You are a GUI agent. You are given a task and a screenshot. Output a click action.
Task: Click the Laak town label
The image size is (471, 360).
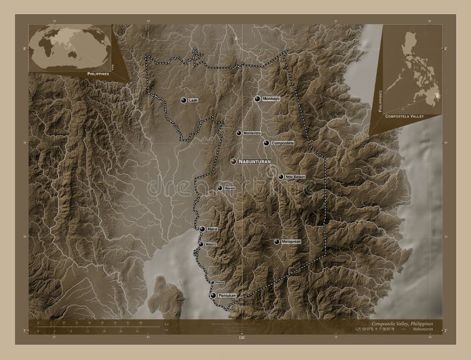[x=193, y=101]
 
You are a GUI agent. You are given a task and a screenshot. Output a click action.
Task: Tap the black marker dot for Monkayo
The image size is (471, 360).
[x=257, y=99]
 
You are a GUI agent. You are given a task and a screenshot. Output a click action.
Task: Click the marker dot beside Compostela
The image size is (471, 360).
[x=266, y=143]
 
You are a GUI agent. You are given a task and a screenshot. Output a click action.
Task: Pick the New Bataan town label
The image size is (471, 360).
[x=294, y=176]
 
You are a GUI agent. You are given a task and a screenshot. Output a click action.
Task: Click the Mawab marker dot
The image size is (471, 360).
[x=220, y=188]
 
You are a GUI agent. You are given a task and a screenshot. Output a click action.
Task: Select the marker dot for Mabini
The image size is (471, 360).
[x=201, y=244]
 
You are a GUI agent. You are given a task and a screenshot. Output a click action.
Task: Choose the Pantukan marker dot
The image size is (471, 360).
[x=213, y=296]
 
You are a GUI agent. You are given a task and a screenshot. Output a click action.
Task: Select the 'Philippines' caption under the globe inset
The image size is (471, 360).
[x=97, y=75]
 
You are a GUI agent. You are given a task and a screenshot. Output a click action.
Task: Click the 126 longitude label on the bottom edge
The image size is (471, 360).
[x=241, y=338]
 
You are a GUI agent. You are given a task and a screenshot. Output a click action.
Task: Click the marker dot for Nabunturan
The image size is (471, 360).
[x=234, y=161]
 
